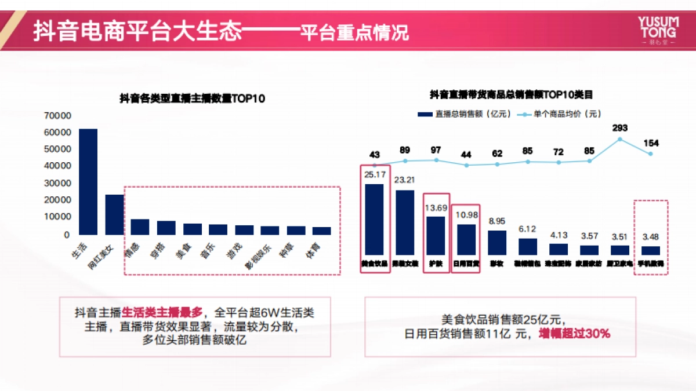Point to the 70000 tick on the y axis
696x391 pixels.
[57, 116]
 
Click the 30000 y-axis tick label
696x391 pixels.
[57, 183]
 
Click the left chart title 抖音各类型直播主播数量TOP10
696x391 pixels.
[192, 99]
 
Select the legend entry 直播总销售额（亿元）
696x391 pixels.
[464, 114]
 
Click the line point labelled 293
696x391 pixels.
[619, 139]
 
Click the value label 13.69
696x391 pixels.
[436, 208]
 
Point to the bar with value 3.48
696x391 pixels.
[651, 250]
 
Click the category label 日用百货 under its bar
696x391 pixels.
[466, 264]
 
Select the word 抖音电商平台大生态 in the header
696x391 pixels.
[137, 31]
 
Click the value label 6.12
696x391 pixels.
[528, 229]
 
